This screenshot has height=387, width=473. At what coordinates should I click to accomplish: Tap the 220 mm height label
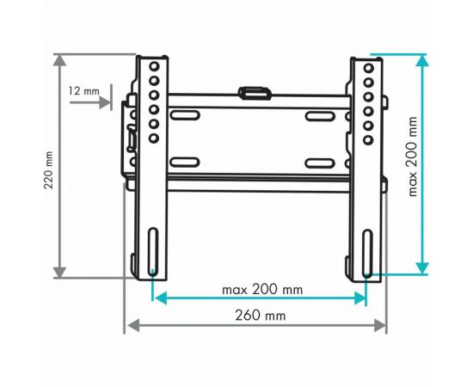pos(49,170)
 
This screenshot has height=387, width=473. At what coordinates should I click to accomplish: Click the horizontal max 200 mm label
pos(261,289)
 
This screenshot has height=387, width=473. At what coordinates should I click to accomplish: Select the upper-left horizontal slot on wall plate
pos(185,115)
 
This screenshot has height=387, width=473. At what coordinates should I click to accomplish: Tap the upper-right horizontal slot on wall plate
pos(319,115)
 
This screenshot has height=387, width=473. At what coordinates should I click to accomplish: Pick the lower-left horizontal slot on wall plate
pos(185,160)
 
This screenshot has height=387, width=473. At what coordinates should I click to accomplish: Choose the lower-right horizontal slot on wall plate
pos(319,160)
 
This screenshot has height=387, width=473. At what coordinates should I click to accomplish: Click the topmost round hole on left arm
pos(153,67)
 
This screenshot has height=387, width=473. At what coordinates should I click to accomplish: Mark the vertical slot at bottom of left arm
pos(153,250)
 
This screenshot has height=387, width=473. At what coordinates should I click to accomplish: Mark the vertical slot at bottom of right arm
pos(367,250)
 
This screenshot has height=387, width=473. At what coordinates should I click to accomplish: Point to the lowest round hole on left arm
pos(153,138)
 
